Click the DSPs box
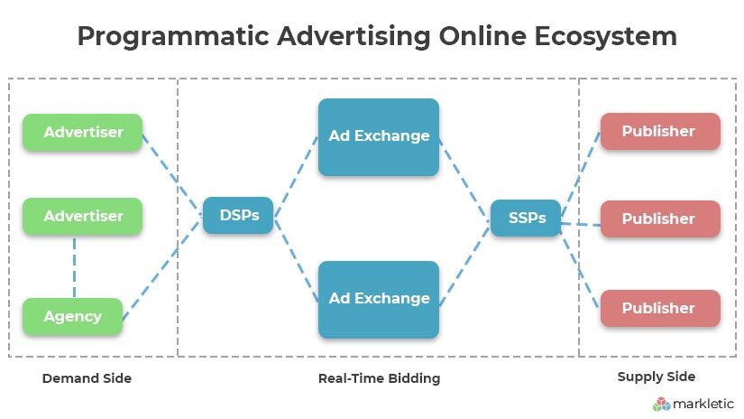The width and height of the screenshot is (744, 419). click(x=238, y=215)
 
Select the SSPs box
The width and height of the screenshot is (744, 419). click(x=526, y=218)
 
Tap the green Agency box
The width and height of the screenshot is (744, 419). click(x=73, y=316)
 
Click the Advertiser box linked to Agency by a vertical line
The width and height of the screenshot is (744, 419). click(x=83, y=216)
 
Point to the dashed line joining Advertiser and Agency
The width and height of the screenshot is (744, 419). click(x=75, y=266)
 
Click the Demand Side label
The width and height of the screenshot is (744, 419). click(x=87, y=378)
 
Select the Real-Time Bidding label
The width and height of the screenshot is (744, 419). click(x=379, y=378)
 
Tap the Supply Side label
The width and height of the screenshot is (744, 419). click(x=657, y=377)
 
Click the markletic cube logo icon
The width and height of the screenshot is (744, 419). click(x=661, y=405)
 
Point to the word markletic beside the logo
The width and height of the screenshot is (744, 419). click(x=703, y=404)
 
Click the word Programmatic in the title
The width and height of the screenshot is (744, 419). click(x=173, y=37)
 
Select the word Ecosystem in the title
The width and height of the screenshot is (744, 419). click(x=606, y=37)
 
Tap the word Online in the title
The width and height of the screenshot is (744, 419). click(x=482, y=36)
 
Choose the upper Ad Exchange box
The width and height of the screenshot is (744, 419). click(x=379, y=137)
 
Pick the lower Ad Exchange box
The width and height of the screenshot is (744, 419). click(x=379, y=300)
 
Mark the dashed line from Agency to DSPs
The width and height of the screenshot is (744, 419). click(x=162, y=269)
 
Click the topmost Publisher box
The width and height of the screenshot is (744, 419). click(x=660, y=132)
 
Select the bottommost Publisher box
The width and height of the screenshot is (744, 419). click(x=660, y=308)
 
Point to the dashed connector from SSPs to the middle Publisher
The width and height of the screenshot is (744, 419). click(x=581, y=224)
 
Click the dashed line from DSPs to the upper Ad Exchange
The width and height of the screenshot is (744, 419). click(x=296, y=177)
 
